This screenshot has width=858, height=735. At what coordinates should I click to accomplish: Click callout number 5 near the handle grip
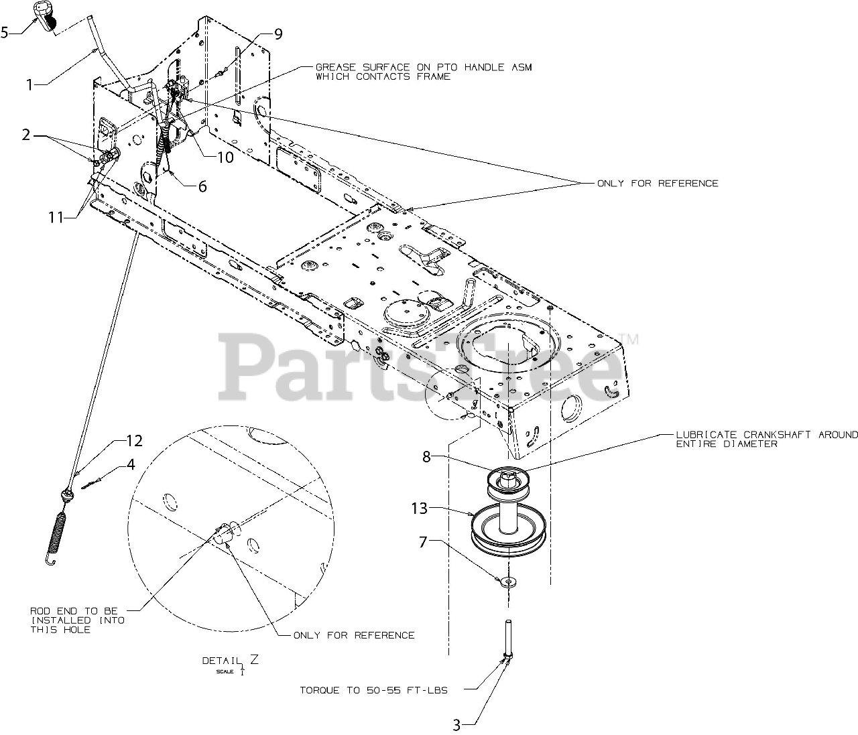(x=5, y=32)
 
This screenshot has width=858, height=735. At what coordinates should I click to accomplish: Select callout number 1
(x=29, y=84)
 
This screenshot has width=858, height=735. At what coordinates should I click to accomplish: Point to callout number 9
(x=278, y=34)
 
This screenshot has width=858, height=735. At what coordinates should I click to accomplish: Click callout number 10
(x=225, y=157)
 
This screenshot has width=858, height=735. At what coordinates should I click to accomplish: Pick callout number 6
(x=202, y=186)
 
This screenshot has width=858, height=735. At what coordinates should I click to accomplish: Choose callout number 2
(x=26, y=135)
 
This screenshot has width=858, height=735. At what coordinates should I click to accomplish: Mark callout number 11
(x=56, y=217)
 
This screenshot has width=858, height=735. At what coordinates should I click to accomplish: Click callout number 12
(x=135, y=441)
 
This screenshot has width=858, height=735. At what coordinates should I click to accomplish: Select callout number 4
(x=131, y=464)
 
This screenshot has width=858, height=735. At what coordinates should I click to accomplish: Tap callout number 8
(x=427, y=457)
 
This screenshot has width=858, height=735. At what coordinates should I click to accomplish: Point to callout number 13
(x=419, y=509)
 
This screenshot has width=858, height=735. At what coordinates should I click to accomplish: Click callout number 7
(x=423, y=542)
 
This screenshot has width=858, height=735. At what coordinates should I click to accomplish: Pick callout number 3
(x=456, y=726)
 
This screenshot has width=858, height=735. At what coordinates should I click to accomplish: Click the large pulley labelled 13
(x=509, y=531)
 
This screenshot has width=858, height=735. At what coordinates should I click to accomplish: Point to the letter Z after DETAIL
(x=254, y=659)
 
